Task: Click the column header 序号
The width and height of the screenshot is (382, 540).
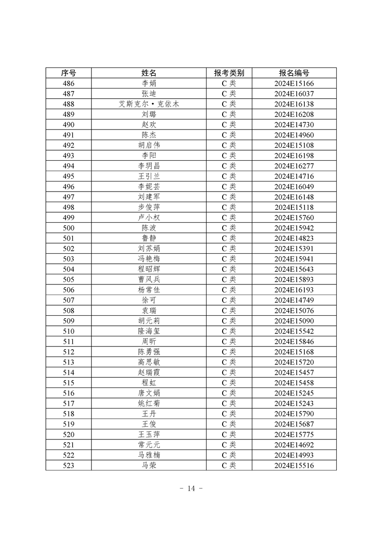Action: [x=68, y=73]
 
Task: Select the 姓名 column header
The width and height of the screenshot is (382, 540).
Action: [x=149, y=73]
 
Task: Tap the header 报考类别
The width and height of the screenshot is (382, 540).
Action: [x=229, y=73]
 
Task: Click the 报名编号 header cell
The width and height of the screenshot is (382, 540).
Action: [x=294, y=73]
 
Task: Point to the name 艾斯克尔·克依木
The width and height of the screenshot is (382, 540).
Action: [x=149, y=104]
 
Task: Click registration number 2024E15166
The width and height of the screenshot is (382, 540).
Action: [x=294, y=83]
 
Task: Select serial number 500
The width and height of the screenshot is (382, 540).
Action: [x=68, y=228]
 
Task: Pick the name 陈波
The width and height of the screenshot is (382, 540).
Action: [x=149, y=228]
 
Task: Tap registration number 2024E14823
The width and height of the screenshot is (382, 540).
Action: [x=294, y=238]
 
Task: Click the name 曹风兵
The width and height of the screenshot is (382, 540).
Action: [x=149, y=280]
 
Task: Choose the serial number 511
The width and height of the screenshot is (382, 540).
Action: [x=68, y=342]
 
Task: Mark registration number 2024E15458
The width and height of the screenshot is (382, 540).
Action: [x=294, y=383]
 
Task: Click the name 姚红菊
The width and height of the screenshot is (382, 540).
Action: [x=149, y=404]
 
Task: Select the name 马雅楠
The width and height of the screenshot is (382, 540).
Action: [x=149, y=455]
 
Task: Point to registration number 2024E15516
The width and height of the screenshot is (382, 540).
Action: [x=294, y=465]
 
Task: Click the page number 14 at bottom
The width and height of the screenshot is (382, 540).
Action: [x=191, y=489]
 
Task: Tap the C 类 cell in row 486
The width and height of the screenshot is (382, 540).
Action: [x=229, y=83]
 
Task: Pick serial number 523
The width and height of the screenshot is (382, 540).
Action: [x=68, y=465]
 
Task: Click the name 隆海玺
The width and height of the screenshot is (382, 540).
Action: [x=149, y=332]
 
